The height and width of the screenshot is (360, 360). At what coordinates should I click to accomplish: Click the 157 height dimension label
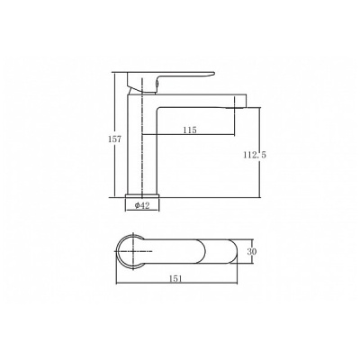tap(114, 139)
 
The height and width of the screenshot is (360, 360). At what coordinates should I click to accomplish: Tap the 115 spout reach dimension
tap(190, 130)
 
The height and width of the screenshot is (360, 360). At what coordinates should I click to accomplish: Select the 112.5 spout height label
tap(255, 155)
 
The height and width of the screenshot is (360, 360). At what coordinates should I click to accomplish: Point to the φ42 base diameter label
tap(142, 205)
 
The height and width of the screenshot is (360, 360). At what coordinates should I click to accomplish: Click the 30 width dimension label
tap(252, 251)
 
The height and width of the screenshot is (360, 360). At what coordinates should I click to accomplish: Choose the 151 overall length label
tap(176, 278)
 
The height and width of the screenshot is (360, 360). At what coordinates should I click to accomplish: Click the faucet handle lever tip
tap(212, 73)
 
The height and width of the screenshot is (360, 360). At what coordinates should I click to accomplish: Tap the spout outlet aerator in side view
tap(239, 106)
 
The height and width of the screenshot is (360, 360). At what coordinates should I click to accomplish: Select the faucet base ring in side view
tap(142, 195)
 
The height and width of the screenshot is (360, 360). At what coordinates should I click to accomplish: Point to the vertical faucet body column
tap(142, 144)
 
